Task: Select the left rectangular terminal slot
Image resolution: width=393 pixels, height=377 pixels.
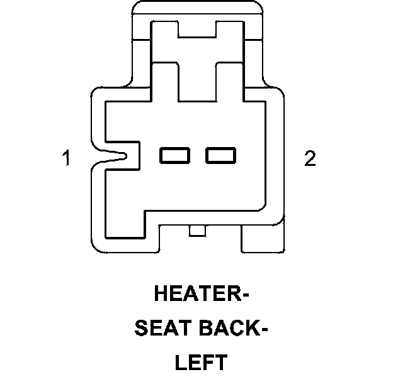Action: click(x=174, y=155)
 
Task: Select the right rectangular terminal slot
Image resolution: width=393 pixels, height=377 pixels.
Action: click(x=220, y=155)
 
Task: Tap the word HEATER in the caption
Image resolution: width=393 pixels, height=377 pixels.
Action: click(x=195, y=294)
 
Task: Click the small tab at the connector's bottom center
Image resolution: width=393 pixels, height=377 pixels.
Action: click(x=197, y=231)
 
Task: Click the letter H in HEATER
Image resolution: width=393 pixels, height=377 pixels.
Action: click(x=161, y=294)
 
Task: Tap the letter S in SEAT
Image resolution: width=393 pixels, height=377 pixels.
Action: click(x=139, y=329)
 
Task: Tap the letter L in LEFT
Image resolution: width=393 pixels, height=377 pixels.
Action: click(x=180, y=363)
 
